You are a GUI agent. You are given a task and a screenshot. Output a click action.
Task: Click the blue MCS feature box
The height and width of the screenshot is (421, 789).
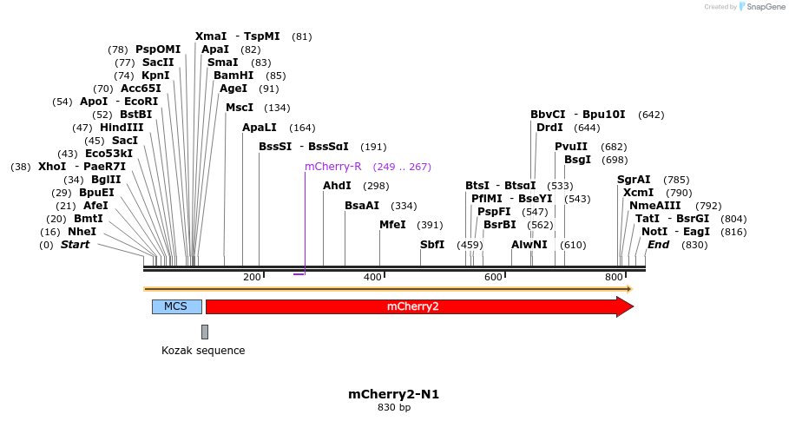tap(176, 306)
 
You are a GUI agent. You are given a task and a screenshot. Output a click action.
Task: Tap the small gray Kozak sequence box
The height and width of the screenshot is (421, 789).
tap(205, 332)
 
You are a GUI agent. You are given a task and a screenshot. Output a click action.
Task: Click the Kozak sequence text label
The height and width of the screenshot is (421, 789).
tap(203, 351)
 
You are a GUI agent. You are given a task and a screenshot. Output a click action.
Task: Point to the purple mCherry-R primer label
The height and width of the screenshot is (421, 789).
tap(332, 167)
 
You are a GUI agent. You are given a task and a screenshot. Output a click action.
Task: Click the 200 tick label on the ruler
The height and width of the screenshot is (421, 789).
tap(252, 277)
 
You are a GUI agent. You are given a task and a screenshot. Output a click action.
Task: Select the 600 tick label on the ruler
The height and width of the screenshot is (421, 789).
tap(493, 277)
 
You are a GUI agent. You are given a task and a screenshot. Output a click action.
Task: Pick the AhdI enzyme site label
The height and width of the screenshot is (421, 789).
tap(337, 186)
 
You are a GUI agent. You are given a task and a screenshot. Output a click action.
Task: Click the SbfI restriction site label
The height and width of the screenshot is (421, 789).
tap(432, 245)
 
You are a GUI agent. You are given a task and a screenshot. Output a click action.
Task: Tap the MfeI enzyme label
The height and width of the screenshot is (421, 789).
tap(392, 225)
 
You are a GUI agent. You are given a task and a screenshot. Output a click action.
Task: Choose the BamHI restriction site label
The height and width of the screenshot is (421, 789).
tap(233, 76)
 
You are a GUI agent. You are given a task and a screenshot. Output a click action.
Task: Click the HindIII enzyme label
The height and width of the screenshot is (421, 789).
tap(121, 128)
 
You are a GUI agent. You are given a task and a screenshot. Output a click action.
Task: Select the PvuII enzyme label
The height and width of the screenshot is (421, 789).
tap(571, 147)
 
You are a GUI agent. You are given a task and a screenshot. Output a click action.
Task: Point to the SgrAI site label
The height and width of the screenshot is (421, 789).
tap(634, 180)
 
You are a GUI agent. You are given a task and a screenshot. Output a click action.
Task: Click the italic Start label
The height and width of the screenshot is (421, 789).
tap(75, 245)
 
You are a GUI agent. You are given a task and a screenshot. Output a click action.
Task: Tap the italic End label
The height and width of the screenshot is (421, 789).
tap(658, 245)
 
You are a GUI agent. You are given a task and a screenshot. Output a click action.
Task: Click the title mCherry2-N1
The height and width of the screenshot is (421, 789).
tap(393, 394)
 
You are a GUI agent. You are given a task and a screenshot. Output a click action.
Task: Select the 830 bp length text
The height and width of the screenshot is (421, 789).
tap(393, 407)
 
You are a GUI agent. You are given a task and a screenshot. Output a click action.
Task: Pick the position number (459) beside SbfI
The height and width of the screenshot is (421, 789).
tap(470, 245)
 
